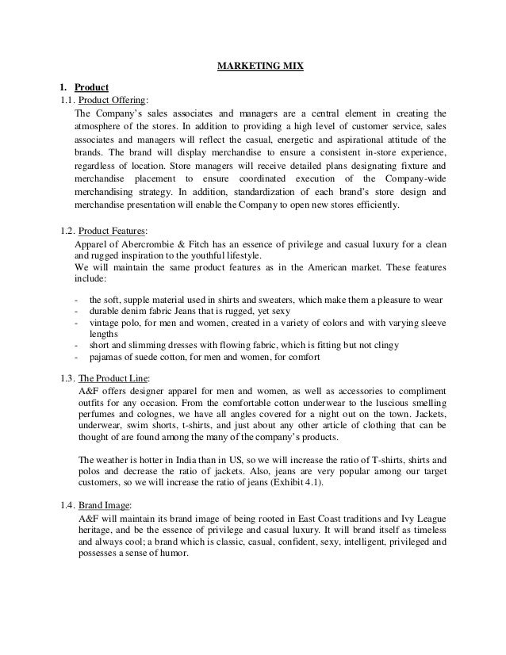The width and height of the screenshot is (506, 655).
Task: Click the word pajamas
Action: pyautogui.click(x=109, y=357)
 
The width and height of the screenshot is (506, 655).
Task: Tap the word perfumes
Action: pyautogui.click(x=101, y=415)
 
